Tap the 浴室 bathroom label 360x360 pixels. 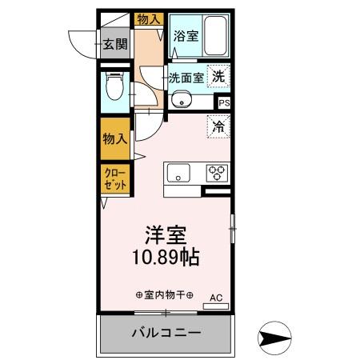tap(184, 36)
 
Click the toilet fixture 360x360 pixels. tap(114, 86)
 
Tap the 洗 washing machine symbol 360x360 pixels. tap(218, 77)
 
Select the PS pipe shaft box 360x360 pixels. tap(224, 102)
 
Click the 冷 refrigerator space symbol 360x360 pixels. tap(218, 125)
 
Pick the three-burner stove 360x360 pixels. tap(218, 172)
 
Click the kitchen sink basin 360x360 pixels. tap(178, 172)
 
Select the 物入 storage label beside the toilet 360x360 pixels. tap(114, 138)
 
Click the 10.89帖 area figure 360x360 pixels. tap(166, 258)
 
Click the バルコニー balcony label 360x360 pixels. tap(166, 332)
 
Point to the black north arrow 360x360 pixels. tap(277, 338)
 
